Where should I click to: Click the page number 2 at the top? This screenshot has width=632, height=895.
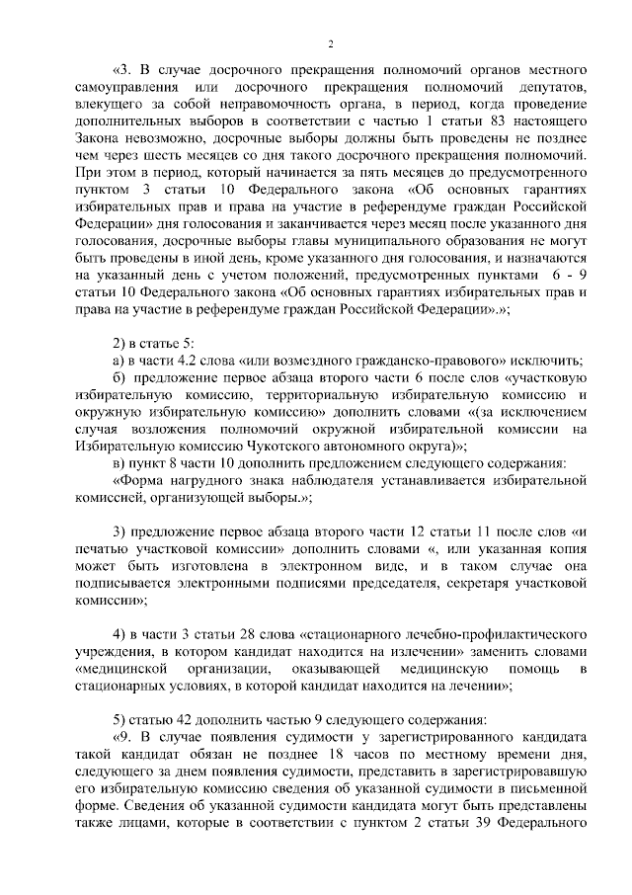(x=330, y=43)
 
